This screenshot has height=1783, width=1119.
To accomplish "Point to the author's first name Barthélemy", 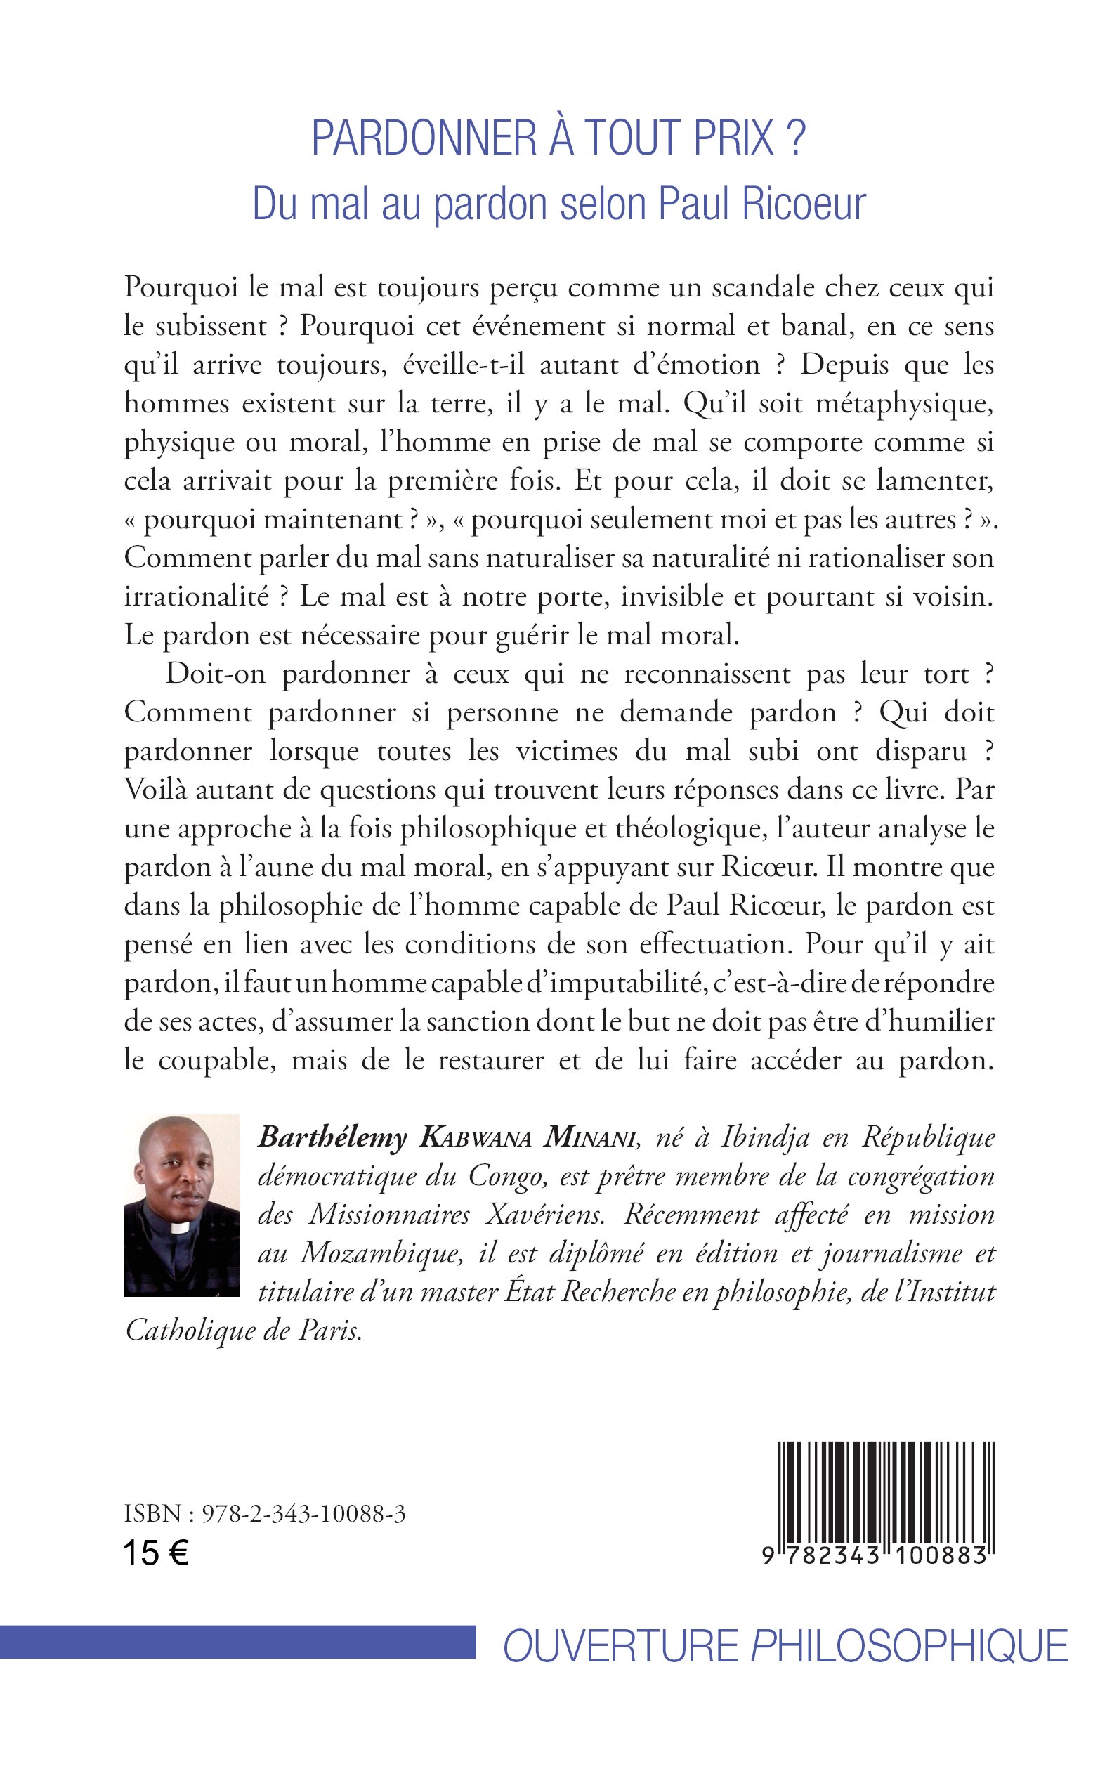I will coord(332,1137).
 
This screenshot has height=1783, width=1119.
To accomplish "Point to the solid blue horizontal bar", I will coord(237,1641).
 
